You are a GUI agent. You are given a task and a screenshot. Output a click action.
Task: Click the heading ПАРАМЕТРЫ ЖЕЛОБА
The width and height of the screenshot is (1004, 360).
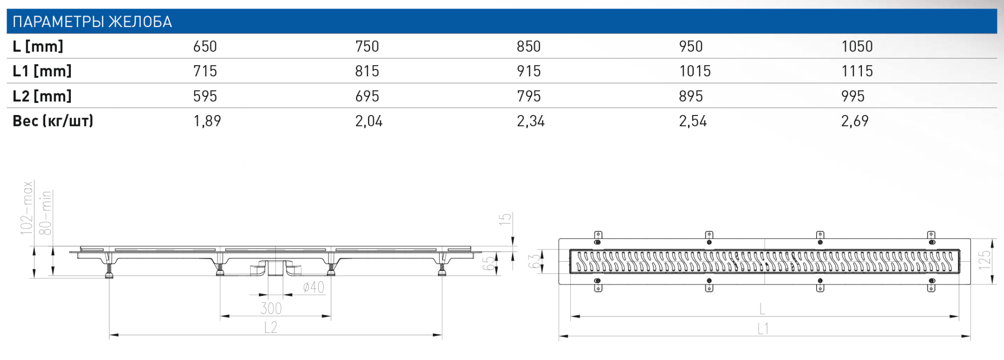click(x=92, y=22)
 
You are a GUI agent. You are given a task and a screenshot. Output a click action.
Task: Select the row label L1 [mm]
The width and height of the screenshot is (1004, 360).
click(x=42, y=71)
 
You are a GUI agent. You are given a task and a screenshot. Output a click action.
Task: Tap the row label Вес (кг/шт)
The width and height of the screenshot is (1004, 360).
click(x=53, y=121)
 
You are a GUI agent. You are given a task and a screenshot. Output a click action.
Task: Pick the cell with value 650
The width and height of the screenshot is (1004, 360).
click(x=205, y=46)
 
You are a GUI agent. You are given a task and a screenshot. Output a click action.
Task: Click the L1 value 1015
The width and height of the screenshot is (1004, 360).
click(x=695, y=71)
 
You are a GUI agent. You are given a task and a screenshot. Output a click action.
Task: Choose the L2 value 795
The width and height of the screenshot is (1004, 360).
click(x=529, y=96)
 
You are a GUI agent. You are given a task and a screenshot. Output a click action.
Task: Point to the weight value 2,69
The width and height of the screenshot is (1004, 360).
click(x=854, y=121)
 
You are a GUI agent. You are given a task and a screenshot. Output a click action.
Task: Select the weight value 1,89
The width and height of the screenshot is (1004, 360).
click(x=207, y=121)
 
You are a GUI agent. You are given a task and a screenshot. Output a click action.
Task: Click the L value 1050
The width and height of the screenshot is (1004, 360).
click(x=857, y=46)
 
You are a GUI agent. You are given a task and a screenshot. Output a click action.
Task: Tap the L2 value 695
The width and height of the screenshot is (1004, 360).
click(x=367, y=96)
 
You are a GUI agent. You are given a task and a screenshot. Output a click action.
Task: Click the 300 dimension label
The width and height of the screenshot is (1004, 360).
click(x=271, y=308)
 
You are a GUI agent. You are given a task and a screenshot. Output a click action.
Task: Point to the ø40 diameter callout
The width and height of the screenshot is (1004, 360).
click(x=314, y=287)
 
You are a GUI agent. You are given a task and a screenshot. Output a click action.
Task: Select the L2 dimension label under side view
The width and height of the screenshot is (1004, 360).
click(x=271, y=327)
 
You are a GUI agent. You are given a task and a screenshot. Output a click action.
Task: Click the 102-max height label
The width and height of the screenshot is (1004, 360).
click(x=27, y=208)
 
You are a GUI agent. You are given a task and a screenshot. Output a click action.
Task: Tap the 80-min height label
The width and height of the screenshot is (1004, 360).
click(x=46, y=213)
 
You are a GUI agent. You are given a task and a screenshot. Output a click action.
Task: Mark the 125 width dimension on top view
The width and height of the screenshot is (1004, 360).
click(x=984, y=260)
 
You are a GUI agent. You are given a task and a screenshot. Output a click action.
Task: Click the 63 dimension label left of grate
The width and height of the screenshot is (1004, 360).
click(x=535, y=261)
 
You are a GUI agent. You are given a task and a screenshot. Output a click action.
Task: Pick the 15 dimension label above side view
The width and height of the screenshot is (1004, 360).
click(x=505, y=219)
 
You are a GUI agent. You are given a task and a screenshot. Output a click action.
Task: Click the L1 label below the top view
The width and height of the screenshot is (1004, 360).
click(x=763, y=329)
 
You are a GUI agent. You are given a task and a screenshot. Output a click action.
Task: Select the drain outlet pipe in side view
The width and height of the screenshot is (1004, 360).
click(x=276, y=268)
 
